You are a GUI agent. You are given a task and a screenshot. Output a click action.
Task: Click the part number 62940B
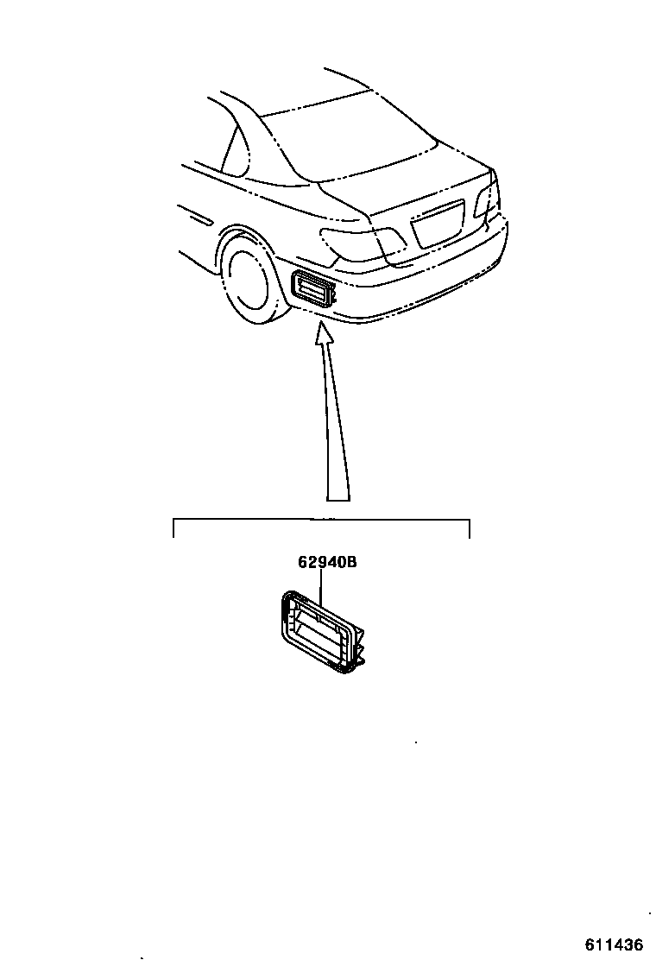327,563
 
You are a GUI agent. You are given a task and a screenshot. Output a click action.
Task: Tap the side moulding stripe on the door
198,216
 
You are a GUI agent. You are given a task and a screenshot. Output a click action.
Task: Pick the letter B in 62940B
351,563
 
